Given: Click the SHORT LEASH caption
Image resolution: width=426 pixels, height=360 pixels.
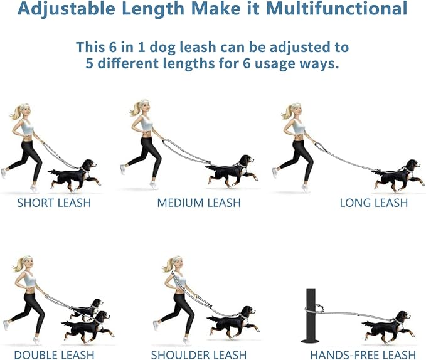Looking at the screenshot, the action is tap(54, 203).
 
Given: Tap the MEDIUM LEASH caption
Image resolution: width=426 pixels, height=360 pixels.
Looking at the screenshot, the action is tap(199, 203).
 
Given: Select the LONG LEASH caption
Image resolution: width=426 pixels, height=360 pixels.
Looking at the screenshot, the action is tap(374, 203).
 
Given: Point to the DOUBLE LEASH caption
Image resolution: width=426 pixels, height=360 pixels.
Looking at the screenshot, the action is tap(54, 355).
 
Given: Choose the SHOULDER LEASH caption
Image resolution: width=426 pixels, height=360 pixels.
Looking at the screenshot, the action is tap(199, 355).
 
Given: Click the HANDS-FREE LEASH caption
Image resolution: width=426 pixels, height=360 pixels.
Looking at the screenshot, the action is tap(363, 355).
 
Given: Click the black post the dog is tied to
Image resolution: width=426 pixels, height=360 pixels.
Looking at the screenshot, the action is tap(311, 315).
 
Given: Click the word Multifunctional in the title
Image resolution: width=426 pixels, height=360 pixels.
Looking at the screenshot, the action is tap(337, 8).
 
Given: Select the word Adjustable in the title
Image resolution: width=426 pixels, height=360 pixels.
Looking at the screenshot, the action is tap(67, 9).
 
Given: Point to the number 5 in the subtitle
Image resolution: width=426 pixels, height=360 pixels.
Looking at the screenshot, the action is tap(89, 63).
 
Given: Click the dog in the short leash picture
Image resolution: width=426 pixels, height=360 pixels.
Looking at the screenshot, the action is tap(74, 176).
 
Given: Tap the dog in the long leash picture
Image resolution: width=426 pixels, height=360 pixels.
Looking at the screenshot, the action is tap(398, 176).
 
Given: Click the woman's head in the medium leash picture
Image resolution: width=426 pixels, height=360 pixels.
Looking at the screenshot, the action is tap(142, 107).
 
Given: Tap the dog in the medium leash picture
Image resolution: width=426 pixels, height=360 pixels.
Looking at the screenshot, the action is tap(232, 172).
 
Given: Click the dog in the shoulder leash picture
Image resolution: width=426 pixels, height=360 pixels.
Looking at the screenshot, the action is tap(233, 322).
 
